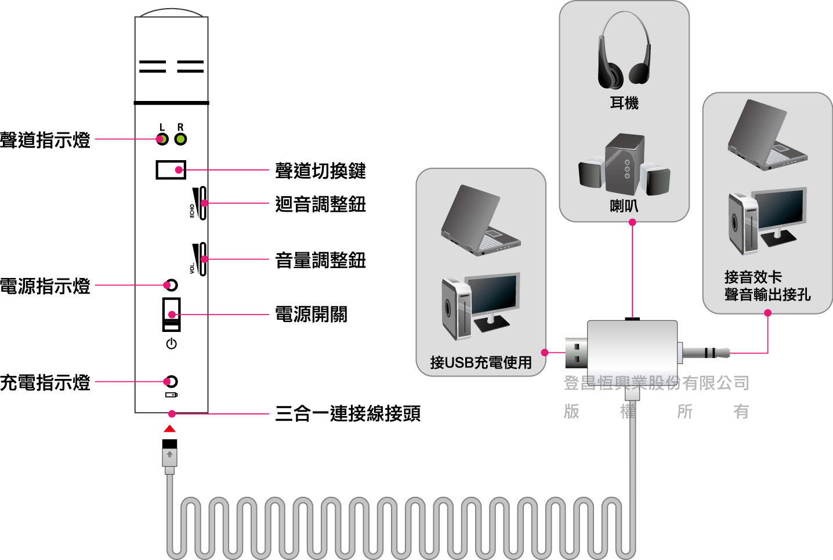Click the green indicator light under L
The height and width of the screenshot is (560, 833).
[162, 139]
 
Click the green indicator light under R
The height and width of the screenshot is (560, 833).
[181, 139]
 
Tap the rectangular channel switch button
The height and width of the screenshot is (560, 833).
[171, 169]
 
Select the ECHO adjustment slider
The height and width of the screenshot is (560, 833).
[201, 203]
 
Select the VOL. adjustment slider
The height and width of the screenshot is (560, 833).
[201, 259]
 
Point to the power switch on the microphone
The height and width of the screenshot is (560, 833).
[172, 315]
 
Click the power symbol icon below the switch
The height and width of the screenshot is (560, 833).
[171, 344]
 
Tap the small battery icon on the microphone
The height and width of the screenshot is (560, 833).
[172, 395]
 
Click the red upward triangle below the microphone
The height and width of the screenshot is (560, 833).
[169, 429]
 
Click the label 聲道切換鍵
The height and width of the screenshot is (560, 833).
[320, 171]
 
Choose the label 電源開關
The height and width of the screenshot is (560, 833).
[311, 315]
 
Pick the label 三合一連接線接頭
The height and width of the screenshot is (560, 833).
[347, 414]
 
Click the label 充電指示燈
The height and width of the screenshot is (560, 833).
[45, 382]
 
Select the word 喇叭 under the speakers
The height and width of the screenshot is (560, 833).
[624, 206]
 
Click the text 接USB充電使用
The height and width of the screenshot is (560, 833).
[481, 363]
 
